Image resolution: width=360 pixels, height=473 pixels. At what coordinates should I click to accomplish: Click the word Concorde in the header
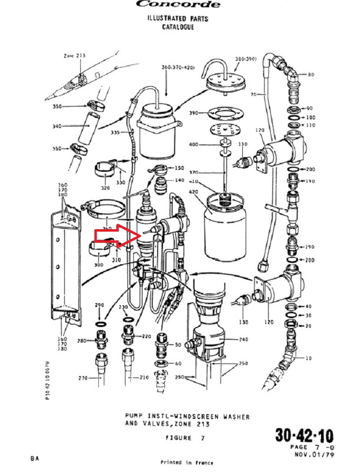click(178, 4)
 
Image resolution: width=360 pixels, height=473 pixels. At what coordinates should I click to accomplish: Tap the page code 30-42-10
click(304, 435)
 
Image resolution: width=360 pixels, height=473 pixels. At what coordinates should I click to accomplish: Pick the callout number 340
click(56, 126)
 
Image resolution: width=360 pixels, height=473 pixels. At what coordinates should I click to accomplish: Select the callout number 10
click(308, 358)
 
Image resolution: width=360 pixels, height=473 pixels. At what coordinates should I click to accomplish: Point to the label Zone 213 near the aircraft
click(74, 56)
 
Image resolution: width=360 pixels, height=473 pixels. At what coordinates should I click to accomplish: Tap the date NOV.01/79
click(314, 455)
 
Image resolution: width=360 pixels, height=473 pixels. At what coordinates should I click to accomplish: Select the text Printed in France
click(186, 462)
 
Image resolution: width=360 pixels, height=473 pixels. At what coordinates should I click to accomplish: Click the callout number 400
click(194, 145)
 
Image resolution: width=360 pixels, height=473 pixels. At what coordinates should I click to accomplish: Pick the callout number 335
click(115, 132)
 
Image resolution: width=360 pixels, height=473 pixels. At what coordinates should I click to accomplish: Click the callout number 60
click(178, 363)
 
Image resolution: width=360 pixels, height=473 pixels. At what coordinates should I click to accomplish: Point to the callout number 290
click(99, 305)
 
